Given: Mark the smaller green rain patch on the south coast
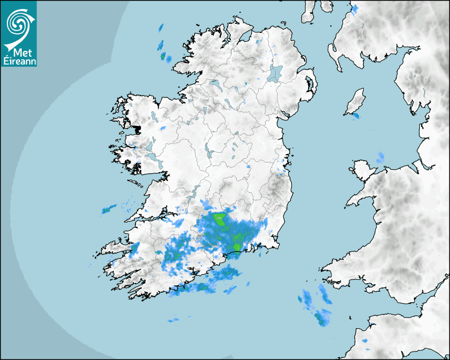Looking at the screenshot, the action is point(237,246).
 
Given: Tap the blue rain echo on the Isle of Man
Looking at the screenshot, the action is point(356,115).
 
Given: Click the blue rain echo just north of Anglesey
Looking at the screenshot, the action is point(380,158).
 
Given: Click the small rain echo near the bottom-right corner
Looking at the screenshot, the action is point(366,349).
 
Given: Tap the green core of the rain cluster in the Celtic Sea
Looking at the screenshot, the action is point(320,318).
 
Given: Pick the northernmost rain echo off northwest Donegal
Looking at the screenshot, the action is point(161,28).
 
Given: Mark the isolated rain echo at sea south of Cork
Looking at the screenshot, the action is point(174,320).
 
